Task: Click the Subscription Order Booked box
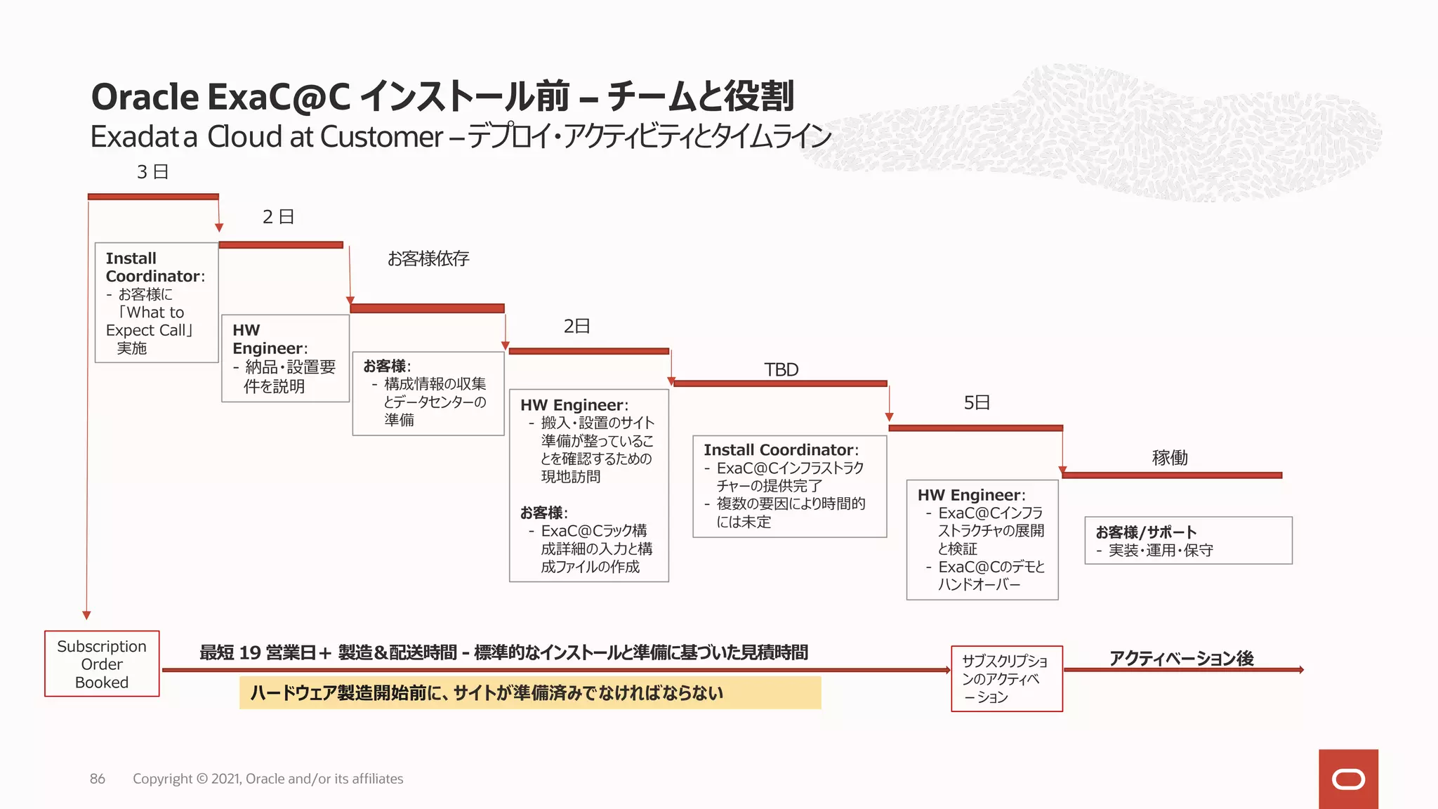(x=102, y=664)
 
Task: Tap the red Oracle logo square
(x=1348, y=779)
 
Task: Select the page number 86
(x=98, y=779)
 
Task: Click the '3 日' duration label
(x=152, y=172)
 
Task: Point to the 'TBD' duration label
(x=781, y=369)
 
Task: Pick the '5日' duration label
(x=977, y=402)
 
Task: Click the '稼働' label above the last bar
(x=1170, y=458)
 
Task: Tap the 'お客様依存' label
(x=428, y=258)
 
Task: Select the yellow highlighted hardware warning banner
(x=530, y=693)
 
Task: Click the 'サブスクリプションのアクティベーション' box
(x=1006, y=678)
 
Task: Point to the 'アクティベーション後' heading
(x=1181, y=658)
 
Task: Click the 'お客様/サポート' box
(x=1188, y=541)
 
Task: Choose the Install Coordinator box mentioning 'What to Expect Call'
(x=157, y=303)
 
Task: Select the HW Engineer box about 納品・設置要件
(x=285, y=358)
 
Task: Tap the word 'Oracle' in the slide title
(x=145, y=97)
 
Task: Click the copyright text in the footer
(x=268, y=779)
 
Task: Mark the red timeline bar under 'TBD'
(x=780, y=383)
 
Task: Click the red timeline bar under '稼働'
(x=1172, y=475)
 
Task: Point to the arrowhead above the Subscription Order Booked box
(x=87, y=615)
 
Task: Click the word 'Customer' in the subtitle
(x=381, y=137)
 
